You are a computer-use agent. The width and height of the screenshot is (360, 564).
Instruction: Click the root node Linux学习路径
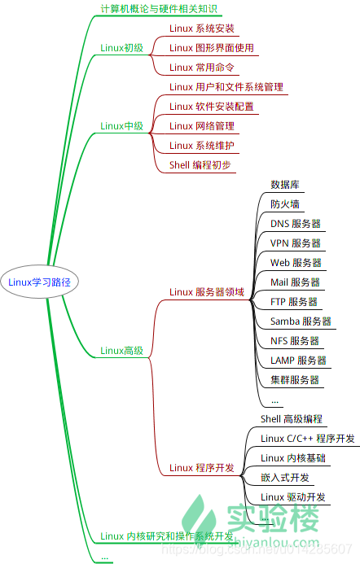(39, 283)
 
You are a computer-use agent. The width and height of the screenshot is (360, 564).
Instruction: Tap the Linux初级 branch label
(121, 48)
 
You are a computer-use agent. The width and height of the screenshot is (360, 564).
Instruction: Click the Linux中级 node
(121, 126)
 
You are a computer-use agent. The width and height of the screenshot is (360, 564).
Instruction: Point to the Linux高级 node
(121, 351)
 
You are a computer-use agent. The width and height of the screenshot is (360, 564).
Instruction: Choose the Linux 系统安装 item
(201, 28)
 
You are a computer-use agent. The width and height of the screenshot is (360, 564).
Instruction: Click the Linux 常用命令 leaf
(201, 68)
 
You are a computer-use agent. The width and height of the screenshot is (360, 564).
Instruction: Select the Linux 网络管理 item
(201, 126)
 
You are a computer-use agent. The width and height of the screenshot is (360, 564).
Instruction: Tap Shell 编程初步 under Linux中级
(200, 164)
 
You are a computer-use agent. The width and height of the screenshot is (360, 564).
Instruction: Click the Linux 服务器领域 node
(206, 292)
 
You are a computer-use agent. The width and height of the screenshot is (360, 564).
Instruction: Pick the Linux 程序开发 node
(201, 468)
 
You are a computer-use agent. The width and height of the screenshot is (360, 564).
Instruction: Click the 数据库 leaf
(286, 185)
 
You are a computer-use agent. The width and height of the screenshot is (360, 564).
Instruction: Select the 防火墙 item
(286, 204)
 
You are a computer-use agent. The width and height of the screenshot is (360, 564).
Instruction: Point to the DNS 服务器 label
(295, 224)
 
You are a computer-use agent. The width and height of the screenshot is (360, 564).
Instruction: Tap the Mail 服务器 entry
(295, 282)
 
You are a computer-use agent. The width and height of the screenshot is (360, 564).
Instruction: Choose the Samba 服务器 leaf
(301, 321)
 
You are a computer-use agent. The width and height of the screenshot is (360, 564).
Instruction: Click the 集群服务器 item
(295, 380)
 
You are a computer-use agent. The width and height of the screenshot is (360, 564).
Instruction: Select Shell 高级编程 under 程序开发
(292, 419)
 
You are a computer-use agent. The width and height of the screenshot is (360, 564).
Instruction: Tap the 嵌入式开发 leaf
(286, 478)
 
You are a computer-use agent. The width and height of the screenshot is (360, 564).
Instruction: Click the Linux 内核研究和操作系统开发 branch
(167, 536)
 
